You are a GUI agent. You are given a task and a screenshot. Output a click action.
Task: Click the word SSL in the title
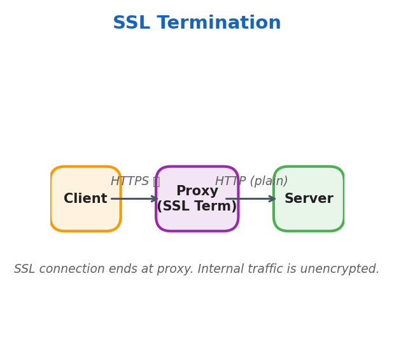pos(132,24)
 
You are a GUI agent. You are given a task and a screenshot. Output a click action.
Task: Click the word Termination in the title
pos(219,24)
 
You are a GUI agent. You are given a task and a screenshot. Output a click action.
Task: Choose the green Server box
pos(309,216)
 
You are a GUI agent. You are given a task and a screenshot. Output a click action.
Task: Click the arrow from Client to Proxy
pos(135,199)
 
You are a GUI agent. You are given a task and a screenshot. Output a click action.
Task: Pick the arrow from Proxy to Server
pos(251,199)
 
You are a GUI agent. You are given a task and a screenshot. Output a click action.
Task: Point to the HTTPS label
pos(130,181)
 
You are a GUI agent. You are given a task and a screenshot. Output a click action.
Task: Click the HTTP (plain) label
pos(251,181)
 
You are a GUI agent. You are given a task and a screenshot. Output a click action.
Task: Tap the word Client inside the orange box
pos(85,199)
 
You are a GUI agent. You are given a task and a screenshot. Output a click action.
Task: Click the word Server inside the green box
pos(309,199)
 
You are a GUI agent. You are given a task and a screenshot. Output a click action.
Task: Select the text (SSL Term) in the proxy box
pos(197,207)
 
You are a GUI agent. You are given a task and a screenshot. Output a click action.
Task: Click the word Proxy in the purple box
pos(197,191)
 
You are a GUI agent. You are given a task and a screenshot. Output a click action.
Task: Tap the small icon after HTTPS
pos(156,181)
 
